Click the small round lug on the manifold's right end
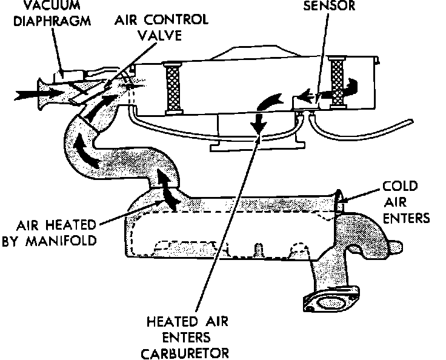click(x=396, y=247)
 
